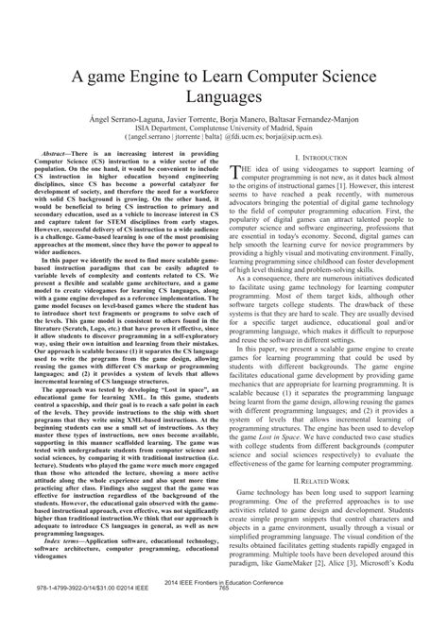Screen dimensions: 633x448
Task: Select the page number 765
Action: point(224,619)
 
